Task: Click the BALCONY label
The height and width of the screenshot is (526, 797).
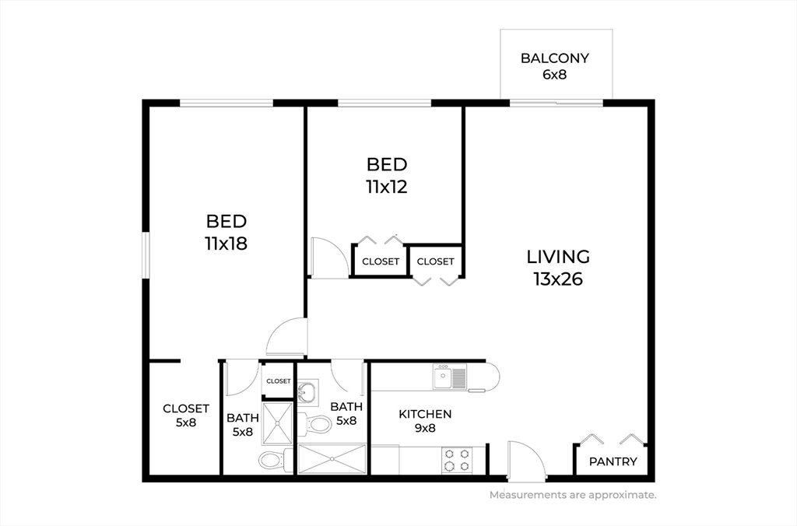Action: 554,58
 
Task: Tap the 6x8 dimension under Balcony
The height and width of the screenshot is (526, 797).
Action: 554,75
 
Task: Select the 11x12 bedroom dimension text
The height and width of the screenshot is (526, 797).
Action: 387,187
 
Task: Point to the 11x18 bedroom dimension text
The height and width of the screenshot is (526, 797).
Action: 226,244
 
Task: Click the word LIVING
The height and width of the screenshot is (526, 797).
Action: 558,257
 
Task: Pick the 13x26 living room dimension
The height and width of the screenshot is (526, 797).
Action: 558,279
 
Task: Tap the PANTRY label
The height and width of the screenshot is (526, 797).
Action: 613,461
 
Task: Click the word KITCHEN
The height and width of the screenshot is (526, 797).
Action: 425,414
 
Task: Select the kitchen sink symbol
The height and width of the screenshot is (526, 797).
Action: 450,377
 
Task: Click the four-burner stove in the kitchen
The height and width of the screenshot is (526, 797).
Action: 456,459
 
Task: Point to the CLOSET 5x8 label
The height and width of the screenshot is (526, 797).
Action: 186,416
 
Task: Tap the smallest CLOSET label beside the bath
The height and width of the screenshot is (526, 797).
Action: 279,381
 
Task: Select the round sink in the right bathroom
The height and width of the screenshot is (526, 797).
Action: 307,392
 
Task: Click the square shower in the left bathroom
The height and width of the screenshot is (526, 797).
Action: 278,423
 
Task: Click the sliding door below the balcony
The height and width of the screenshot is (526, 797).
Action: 556,103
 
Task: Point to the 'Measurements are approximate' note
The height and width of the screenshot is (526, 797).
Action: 573,495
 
